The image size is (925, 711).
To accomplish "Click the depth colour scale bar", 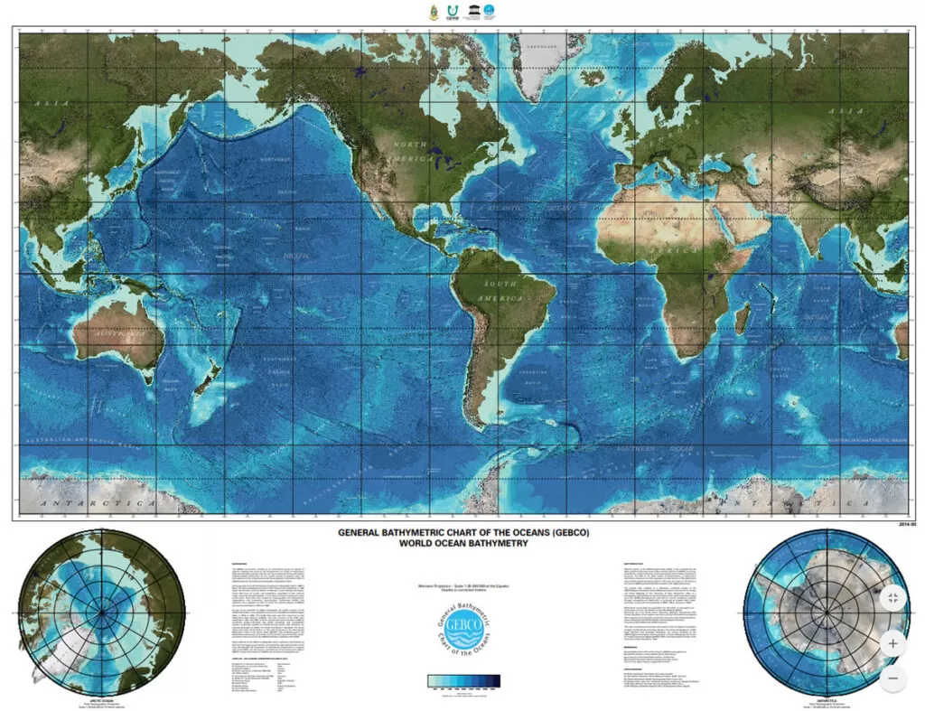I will pyautogui.click(x=462, y=682).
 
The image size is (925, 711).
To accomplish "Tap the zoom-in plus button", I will pyautogui.click(x=892, y=644).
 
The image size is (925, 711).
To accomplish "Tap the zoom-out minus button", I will pyautogui.click(x=892, y=678).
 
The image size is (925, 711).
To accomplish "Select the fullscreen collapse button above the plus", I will pyautogui.click(x=892, y=597).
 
